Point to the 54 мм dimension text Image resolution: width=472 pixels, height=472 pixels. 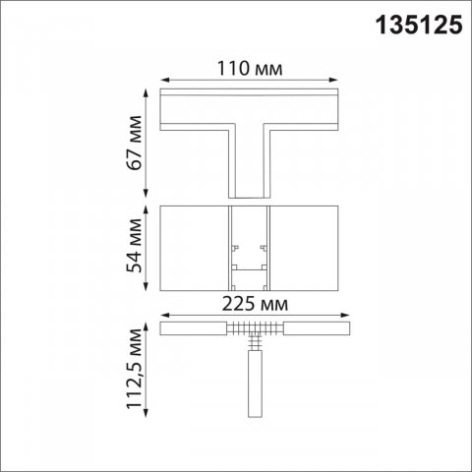(x=136, y=248)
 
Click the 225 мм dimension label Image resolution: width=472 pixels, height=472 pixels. (x=252, y=304)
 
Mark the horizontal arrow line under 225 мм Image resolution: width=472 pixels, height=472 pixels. (x=252, y=316)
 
